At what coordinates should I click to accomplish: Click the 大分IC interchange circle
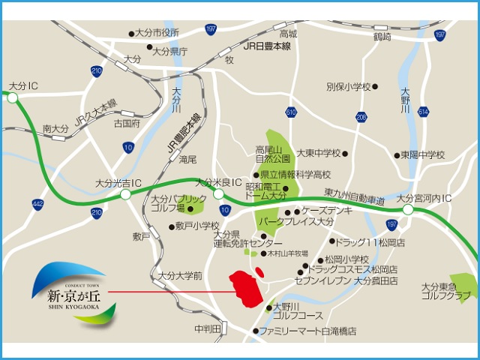[13, 97]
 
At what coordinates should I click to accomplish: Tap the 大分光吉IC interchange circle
[124, 194]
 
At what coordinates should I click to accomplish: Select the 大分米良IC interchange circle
[219, 193]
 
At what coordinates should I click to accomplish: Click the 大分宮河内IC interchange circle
[407, 211]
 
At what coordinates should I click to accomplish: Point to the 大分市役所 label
[157, 33]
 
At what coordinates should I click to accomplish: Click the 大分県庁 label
[169, 52]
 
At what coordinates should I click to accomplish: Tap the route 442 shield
[37, 203]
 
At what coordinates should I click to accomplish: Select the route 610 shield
[291, 112]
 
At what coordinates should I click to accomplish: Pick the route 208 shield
[362, 117]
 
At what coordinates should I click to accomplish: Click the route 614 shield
[424, 112]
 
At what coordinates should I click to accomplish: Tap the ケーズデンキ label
[327, 211]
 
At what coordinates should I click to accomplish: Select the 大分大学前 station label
[180, 276]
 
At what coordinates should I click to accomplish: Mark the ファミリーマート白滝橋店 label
[307, 331]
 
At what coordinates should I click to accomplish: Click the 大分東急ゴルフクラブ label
[446, 291]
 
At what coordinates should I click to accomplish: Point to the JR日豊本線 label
[266, 46]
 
